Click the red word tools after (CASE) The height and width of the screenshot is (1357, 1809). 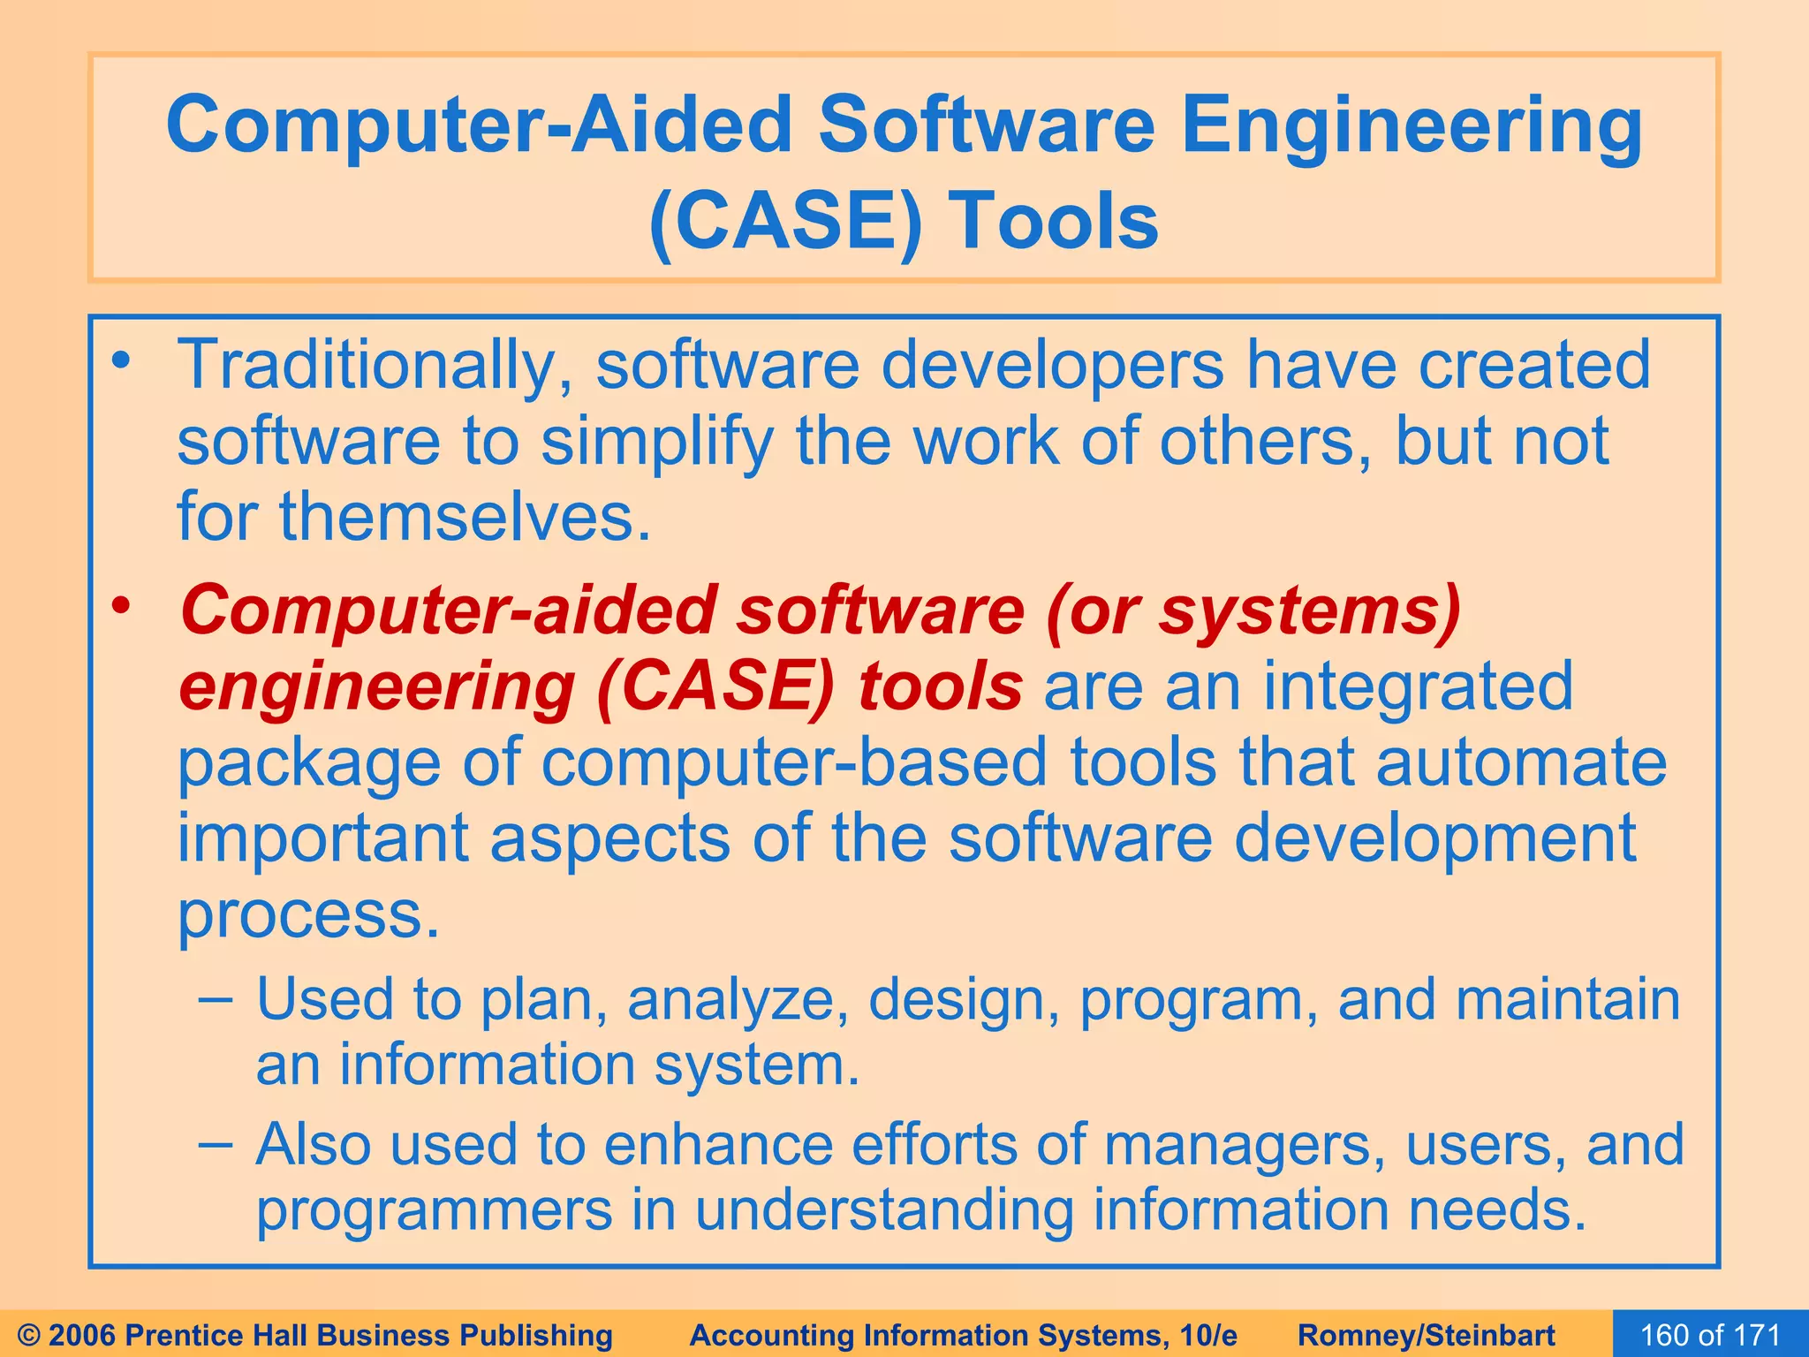click(940, 687)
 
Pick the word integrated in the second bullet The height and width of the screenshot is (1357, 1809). click(1418, 686)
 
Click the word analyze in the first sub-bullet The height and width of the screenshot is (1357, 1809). click(738, 1000)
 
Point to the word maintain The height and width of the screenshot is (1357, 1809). click(1567, 999)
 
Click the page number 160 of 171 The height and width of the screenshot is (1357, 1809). click(1710, 1335)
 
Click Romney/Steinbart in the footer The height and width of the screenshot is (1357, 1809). click(1427, 1335)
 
